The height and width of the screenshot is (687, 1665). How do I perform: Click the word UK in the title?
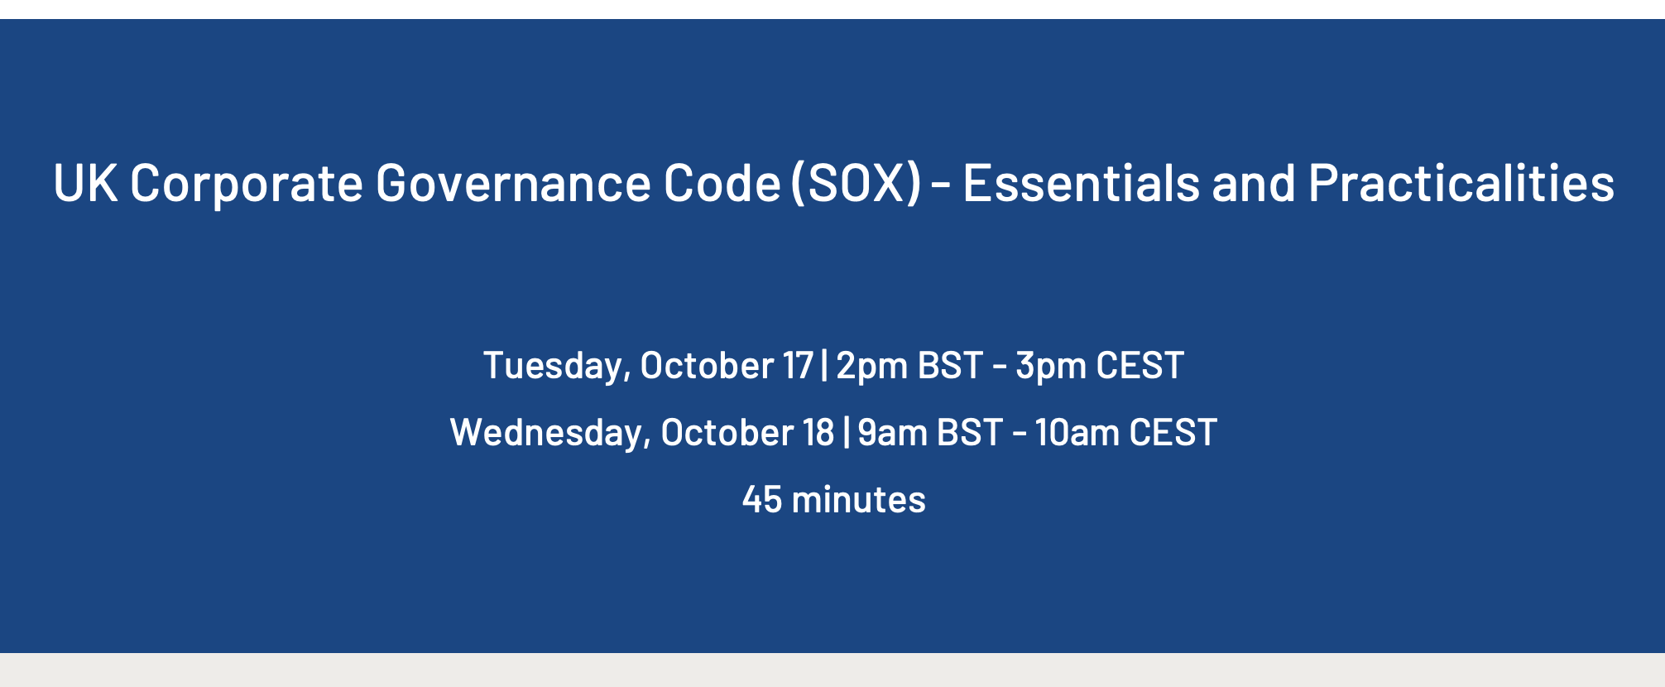coord(85,182)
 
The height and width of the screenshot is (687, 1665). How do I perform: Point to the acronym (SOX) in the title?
coord(856,183)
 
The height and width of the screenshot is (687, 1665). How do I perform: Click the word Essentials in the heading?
coord(1081,182)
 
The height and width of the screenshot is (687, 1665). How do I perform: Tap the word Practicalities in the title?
coord(1461,182)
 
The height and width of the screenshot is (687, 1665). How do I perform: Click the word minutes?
coord(859,499)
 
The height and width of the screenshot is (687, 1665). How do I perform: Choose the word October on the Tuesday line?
coord(707,365)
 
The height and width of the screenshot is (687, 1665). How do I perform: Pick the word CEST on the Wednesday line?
coord(1173,432)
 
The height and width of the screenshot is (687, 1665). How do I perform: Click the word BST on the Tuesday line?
coord(951,365)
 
